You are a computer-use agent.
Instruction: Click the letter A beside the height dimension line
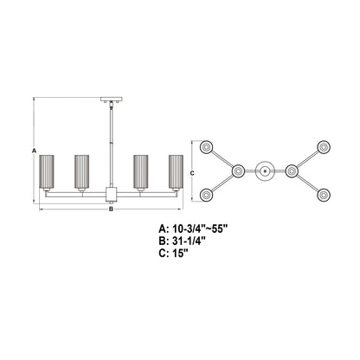33,151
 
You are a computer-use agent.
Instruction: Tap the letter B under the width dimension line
111,209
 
